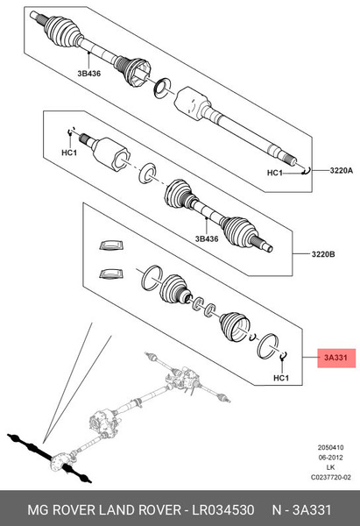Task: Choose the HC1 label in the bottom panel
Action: [281, 378]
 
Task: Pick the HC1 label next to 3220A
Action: [275, 173]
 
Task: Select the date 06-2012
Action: [331, 457]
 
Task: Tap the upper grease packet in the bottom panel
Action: [111, 246]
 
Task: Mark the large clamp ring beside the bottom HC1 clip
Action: [266, 345]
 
